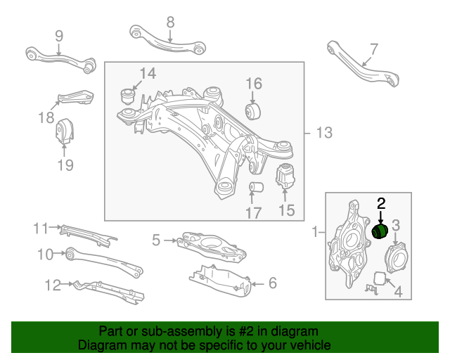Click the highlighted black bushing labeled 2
[x=380, y=231]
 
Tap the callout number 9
[x=58, y=36]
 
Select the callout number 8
[x=170, y=22]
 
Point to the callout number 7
[x=373, y=49]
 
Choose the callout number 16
[x=253, y=84]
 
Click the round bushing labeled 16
[x=253, y=110]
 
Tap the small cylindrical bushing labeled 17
[x=257, y=188]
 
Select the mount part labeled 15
[x=285, y=175]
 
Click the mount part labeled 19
[x=65, y=131]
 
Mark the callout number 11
[x=40, y=228]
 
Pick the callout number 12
[x=52, y=285]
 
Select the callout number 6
[x=271, y=283]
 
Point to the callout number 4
[x=397, y=290]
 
